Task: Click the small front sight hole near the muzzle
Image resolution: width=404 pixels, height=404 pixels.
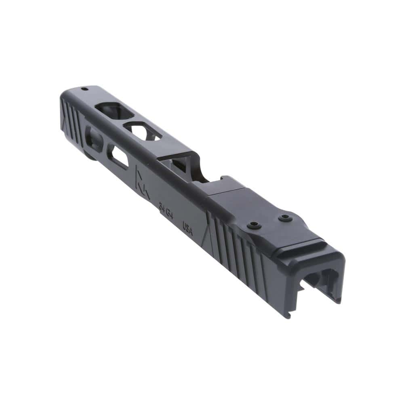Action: click(x=84, y=89)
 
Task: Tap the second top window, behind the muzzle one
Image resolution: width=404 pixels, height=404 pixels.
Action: click(x=142, y=132)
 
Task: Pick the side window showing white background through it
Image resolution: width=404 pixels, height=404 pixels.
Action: click(x=120, y=158)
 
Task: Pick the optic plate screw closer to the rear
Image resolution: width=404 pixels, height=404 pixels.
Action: click(x=286, y=218)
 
